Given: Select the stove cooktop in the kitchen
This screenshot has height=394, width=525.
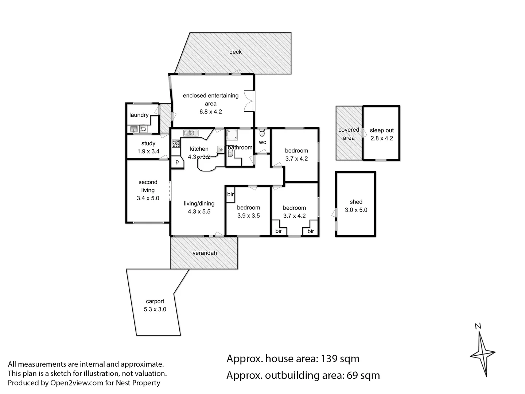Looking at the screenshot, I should coord(176,144).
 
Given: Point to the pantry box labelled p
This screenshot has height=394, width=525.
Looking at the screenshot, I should coord(177,162).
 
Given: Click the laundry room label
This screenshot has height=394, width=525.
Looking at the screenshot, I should coord(139,115).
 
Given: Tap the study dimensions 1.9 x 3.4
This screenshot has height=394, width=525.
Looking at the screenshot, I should coord(148,151).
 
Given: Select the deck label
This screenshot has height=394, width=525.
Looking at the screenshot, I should coord(236,52).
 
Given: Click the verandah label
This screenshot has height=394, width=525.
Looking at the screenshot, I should coord(205,253).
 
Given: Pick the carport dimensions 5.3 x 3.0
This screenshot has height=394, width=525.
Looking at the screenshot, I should coord(155,309).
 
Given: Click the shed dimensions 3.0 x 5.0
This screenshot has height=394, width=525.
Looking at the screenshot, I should coord(356,210).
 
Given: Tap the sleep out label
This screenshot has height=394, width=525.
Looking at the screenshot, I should coord(382,130).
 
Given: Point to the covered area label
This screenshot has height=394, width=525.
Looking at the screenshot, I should coord(349,134).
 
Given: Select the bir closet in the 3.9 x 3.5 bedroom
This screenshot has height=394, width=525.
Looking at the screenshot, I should coord(230,194).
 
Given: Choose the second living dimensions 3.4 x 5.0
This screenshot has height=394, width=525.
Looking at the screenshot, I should coord(148,198).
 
